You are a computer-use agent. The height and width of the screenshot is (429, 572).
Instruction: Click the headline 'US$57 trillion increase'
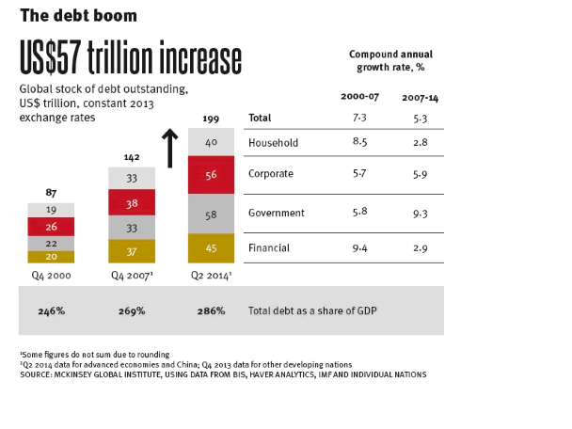(x=131, y=58)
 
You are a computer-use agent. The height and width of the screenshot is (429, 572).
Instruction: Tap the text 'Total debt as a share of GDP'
(x=315, y=310)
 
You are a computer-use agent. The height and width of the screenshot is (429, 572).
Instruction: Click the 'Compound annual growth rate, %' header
(x=389, y=61)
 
